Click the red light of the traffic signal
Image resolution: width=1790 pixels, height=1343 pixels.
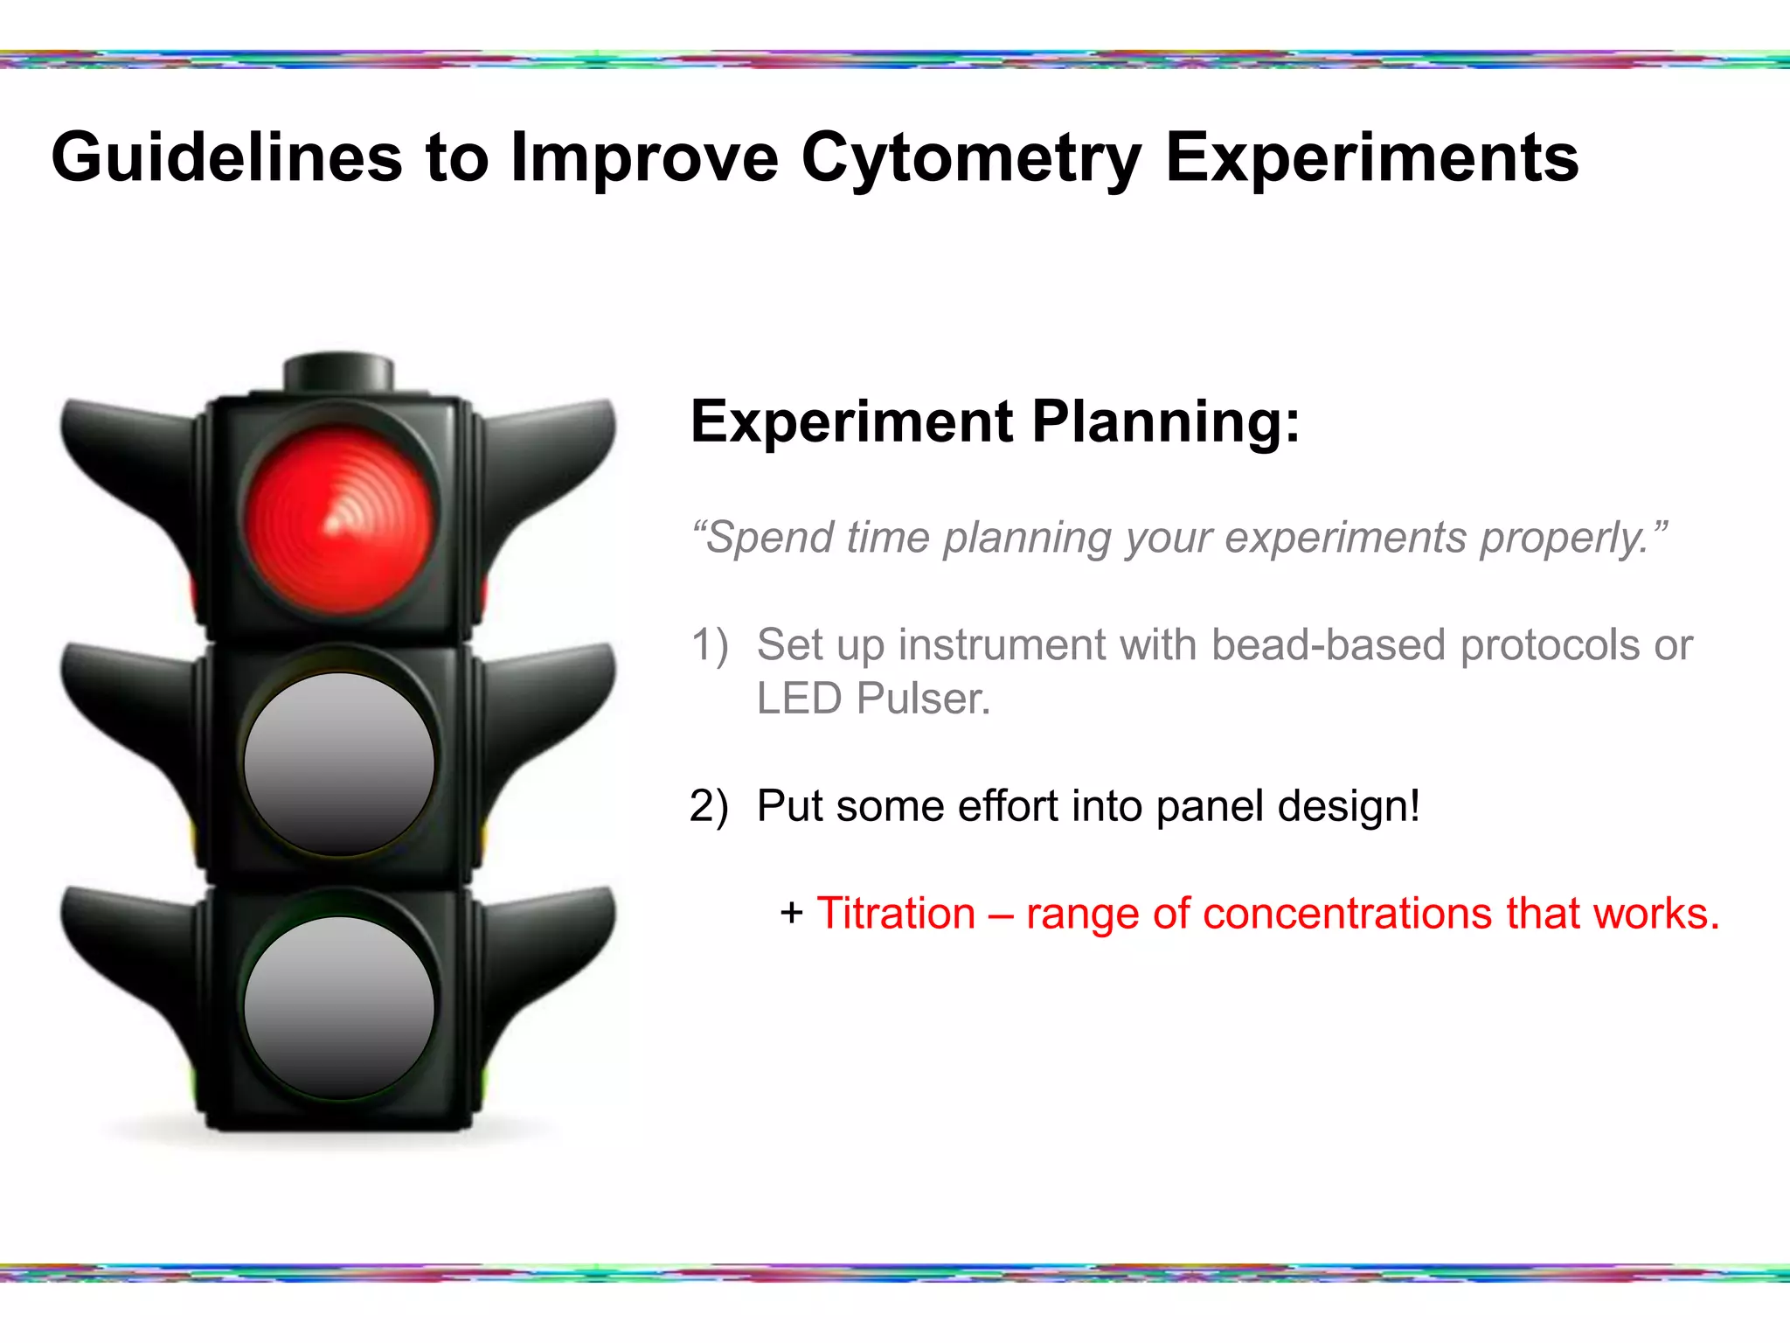tap(339, 521)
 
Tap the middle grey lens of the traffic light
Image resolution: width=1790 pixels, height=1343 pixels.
tap(339, 764)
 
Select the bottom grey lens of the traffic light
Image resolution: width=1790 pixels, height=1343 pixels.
tap(339, 1007)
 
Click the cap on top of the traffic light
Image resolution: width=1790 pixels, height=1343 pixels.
tap(339, 372)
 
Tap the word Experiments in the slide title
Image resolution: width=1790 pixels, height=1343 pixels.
tap(1372, 159)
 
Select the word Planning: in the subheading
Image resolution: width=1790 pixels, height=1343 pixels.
tap(1166, 423)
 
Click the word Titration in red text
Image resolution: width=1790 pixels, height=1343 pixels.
tap(896, 914)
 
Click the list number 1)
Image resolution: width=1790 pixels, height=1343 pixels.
tap(709, 645)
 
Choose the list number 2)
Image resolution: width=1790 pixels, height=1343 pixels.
tap(709, 806)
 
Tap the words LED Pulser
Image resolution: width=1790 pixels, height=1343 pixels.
tap(873, 699)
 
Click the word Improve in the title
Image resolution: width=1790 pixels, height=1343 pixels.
tap(643, 159)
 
